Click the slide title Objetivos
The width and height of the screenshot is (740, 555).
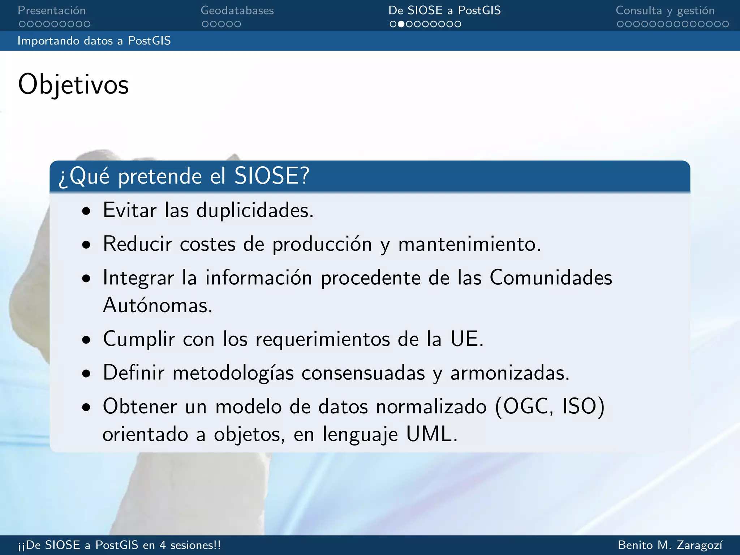pos(73,85)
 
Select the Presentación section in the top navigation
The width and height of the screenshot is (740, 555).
pos(52,10)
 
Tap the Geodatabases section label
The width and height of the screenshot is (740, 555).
pos(237,10)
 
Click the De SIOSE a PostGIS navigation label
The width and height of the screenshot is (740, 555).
pos(444,10)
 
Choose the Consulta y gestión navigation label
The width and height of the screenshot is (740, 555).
pos(665,10)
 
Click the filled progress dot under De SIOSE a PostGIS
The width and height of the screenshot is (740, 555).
pos(401,24)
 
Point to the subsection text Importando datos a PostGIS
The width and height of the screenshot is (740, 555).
pos(94,41)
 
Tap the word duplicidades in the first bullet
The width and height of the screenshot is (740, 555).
pos(255,210)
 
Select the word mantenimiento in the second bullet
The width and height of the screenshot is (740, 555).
pos(469,244)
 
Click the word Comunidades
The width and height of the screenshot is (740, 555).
pos(551,277)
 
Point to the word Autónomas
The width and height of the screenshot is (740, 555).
pos(158,305)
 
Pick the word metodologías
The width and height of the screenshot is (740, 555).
pos(233,373)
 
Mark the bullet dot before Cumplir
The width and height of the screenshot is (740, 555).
pos(86,340)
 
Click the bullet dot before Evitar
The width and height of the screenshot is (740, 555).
pos(86,211)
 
